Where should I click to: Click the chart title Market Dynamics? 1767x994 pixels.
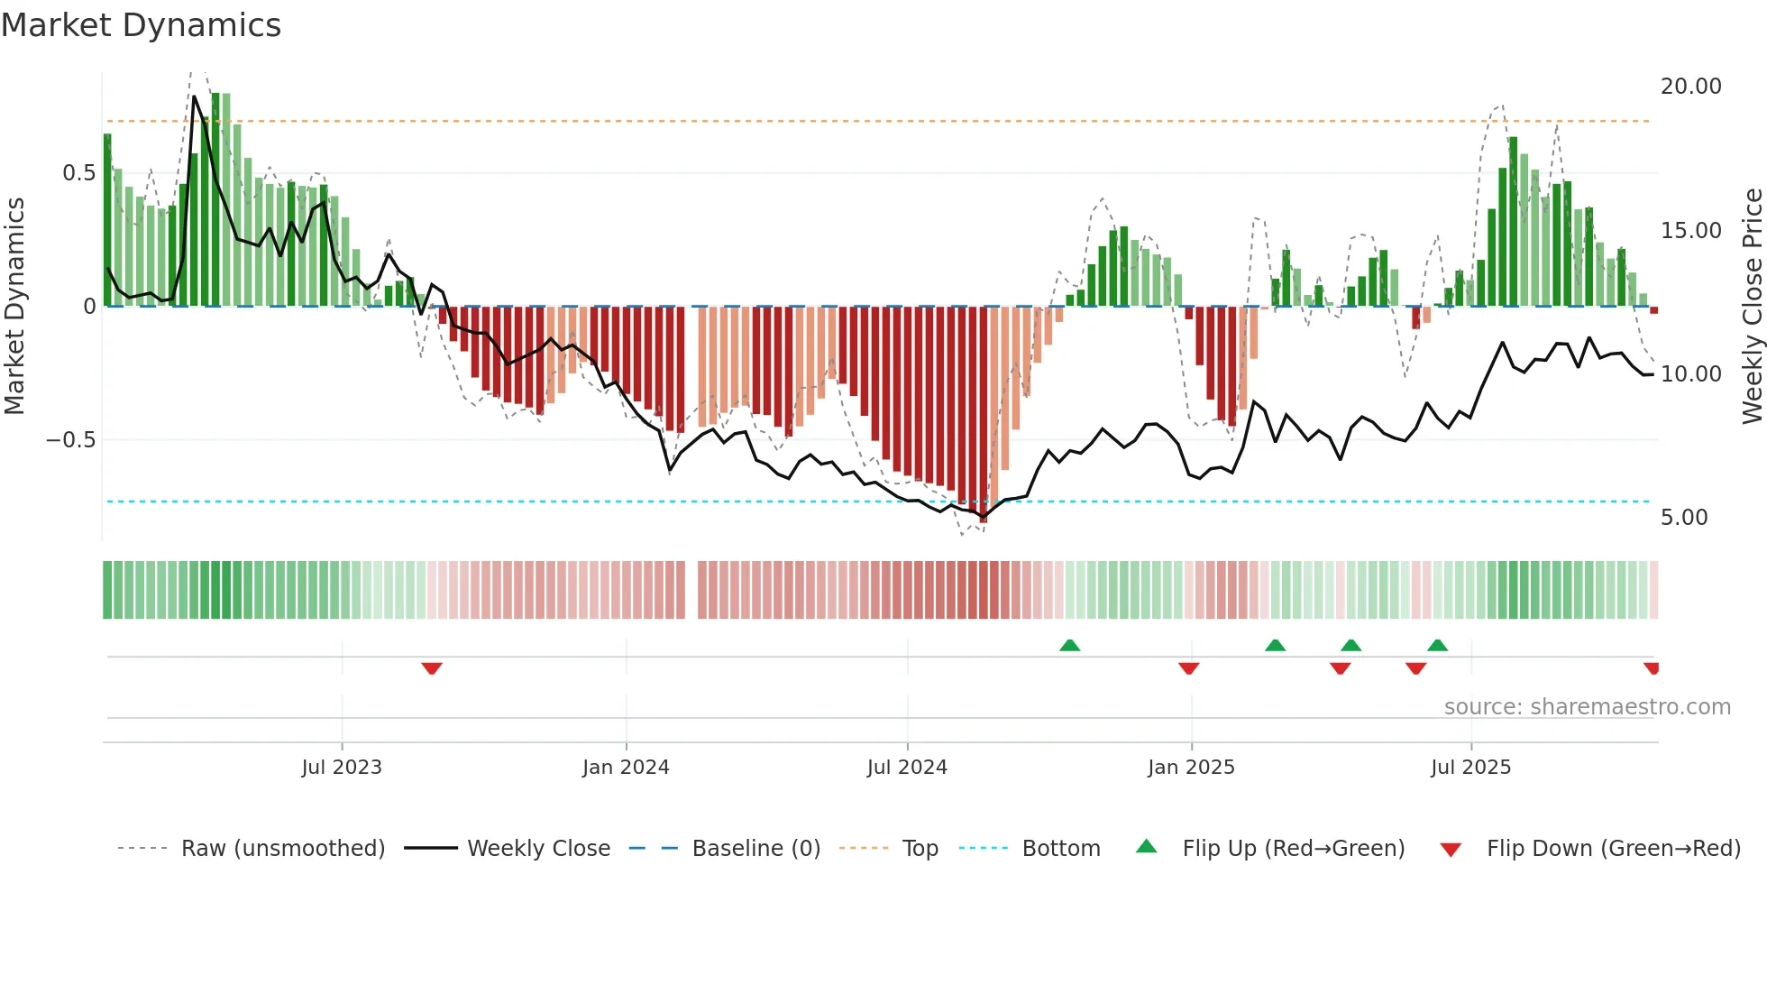142,25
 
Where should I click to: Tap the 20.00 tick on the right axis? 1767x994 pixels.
1690,87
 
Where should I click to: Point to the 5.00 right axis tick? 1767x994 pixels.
1683,518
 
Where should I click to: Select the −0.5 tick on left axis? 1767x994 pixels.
70,440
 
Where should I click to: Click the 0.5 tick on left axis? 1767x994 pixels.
78,173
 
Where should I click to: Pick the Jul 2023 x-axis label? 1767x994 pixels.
342,768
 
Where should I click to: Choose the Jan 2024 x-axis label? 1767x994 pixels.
626,768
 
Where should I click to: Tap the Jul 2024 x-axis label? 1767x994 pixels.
907,768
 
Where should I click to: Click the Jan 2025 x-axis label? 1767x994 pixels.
1191,768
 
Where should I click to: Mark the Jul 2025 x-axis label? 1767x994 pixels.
1470,768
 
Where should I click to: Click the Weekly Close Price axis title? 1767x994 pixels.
1752,307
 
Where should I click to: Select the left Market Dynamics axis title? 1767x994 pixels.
14,307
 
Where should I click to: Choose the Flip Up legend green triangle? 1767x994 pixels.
1146,847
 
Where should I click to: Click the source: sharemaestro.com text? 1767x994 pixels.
1587,707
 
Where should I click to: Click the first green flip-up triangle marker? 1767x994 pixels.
1069,645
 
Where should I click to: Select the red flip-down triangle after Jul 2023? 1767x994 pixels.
432,668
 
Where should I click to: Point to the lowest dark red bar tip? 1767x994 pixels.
984,520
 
